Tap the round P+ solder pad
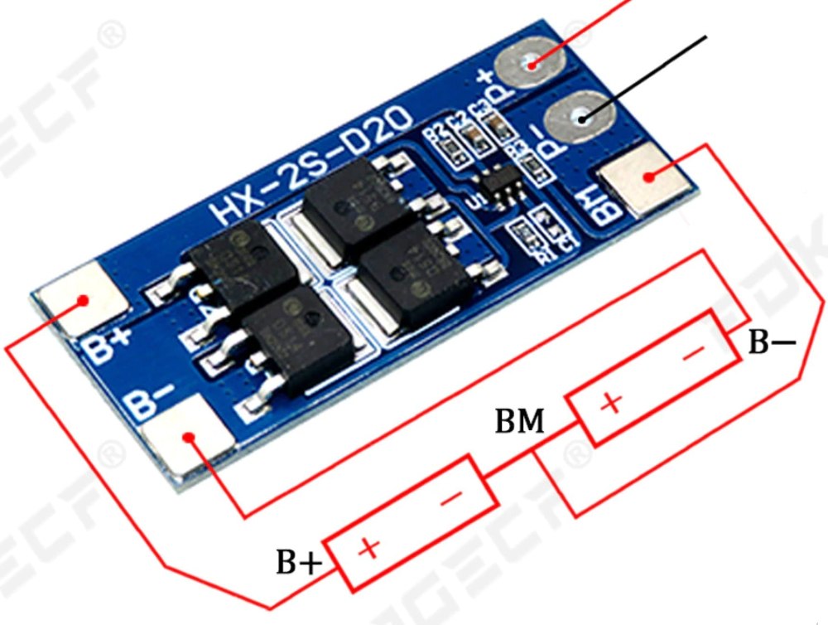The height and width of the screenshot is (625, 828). (x=530, y=64)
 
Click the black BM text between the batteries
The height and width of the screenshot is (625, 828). (x=520, y=423)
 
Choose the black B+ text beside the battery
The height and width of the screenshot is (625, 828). (x=299, y=564)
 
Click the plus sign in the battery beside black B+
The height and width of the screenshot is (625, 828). (x=370, y=548)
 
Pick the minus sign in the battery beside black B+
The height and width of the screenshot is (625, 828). (x=451, y=499)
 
